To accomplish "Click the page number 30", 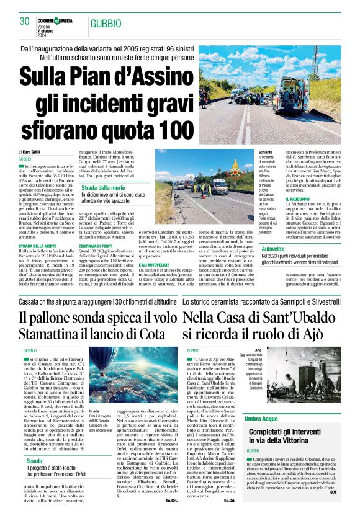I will coord(25,21).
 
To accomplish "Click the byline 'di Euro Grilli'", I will coord(31,151).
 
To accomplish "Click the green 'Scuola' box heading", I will coord(34,461).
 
